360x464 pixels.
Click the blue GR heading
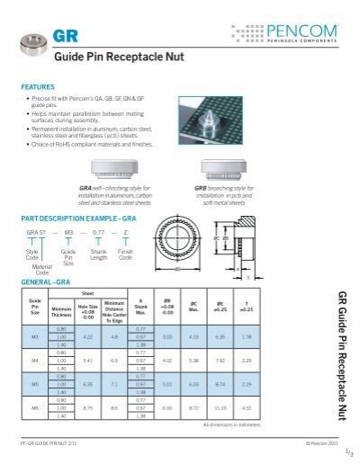pos(64,35)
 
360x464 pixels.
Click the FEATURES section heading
pos(37,87)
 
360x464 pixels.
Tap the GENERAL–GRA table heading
pos(45,281)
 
